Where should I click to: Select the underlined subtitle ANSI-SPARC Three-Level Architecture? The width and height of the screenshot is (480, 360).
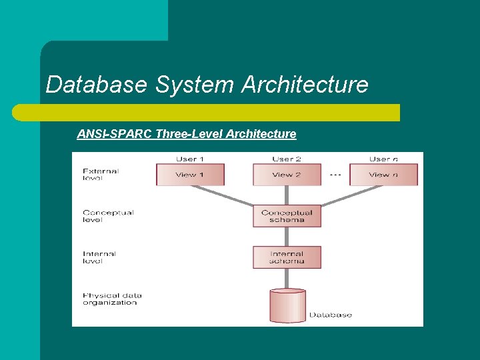(186, 134)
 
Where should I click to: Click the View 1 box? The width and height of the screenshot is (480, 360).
(190, 175)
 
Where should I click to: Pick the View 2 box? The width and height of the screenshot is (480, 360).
(287, 175)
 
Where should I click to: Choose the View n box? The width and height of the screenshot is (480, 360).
(383, 175)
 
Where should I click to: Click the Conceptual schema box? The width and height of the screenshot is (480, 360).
(287, 216)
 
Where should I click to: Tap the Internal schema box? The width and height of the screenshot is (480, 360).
(287, 257)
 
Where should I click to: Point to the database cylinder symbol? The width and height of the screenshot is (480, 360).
(287, 306)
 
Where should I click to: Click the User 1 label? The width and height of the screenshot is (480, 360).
(190, 159)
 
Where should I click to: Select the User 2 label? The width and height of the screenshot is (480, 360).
(287, 159)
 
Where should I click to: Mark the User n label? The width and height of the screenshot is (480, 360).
(383, 159)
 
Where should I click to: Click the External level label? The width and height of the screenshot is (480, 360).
(101, 175)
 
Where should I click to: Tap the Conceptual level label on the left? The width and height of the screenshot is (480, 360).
(108, 216)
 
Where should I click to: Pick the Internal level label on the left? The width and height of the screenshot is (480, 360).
(99, 257)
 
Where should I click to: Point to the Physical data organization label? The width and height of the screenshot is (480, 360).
(112, 299)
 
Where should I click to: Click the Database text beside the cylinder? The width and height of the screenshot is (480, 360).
(330, 315)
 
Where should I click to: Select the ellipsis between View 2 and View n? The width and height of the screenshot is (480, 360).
(335, 175)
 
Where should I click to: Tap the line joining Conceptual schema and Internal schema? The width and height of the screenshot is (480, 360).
(287, 237)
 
